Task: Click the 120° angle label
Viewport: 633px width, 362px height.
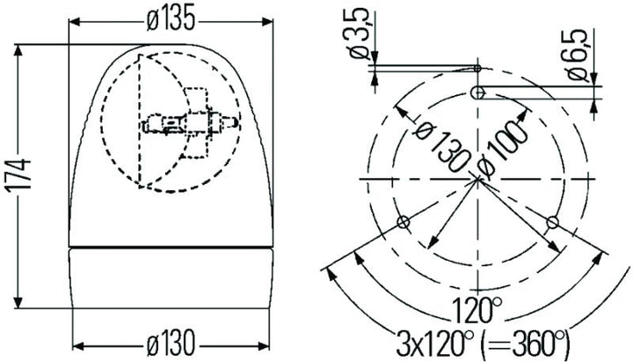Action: pyautogui.click(x=478, y=309)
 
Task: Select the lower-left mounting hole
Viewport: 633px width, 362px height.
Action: pyautogui.click(x=404, y=222)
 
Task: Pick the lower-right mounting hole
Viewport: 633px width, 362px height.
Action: pyautogui.click(x=552, y=222)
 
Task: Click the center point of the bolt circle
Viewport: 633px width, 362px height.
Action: pyautogui.click(x=477, y=179)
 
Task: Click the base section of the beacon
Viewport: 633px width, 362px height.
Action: pyautogui.click(x=171, y=277)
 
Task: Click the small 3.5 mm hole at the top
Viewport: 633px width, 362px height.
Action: pyautogui.click(x=477, y=68)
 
